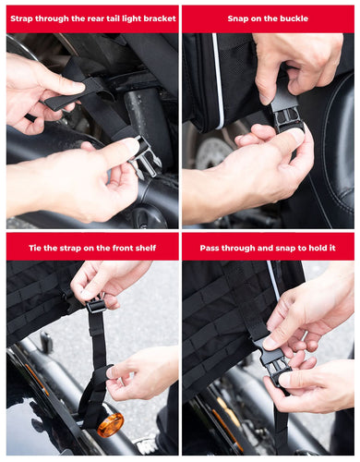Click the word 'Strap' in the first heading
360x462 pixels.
(22, 18)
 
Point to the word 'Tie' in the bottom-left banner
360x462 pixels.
(35, 248)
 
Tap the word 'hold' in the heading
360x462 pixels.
(317, 248)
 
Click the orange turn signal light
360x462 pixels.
(110, 425)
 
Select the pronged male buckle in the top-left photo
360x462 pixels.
(145, 157)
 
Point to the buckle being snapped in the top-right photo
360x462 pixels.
(284, 113)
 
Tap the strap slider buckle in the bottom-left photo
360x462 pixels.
(95, 306)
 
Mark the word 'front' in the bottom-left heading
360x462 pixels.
(124, 248)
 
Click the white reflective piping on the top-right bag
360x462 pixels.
(218, 80)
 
